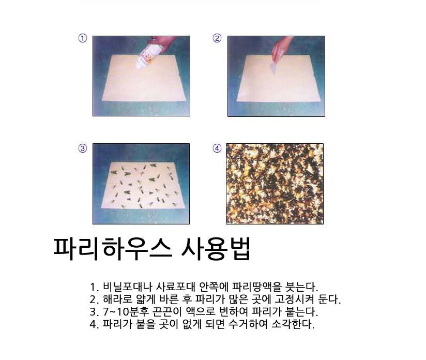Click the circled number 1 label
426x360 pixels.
tap(83, 38)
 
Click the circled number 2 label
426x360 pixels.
tap(217, 38)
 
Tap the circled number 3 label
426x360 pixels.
tap(83, 148)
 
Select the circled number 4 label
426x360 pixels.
tap(217, 148)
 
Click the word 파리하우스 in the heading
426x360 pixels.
tap(113, 249)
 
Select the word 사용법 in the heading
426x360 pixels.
tap(216, 249)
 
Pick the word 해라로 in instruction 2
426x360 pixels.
tap(118, 299)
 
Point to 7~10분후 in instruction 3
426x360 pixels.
tap(126, 312)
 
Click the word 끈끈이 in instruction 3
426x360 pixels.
tap(167, 312)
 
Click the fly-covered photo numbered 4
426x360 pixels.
tap(275, 184)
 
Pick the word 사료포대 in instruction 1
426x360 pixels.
tap(175, 287)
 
